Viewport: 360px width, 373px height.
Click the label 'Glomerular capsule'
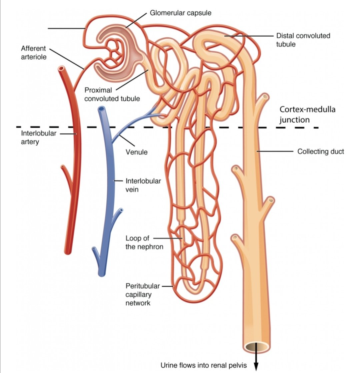(180, 13)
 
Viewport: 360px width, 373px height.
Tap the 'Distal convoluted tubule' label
(303, 40)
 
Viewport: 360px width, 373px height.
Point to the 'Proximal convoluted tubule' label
(112, 94)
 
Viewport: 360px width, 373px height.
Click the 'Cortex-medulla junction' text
(302, 115)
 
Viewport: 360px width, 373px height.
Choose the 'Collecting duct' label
(320, 152)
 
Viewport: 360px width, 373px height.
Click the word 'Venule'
(136, 152)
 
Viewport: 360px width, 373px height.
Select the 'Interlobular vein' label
(143, 186)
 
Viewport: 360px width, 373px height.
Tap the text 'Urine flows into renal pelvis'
(203, 365)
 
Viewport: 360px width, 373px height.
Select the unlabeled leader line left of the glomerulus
(66, 29)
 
